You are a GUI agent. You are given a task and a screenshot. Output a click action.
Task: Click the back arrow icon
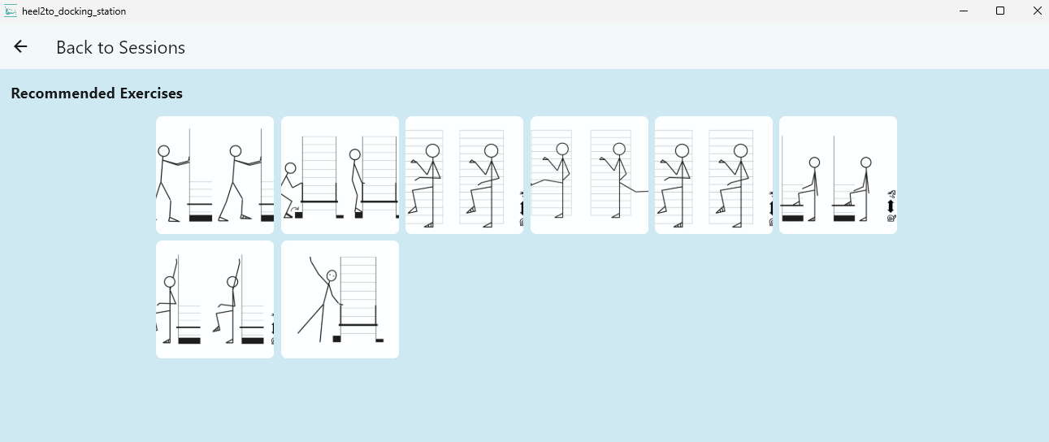click(20, 47)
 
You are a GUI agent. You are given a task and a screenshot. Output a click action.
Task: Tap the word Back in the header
click(75, 48)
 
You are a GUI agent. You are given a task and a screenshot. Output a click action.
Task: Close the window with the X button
click(1036, 11)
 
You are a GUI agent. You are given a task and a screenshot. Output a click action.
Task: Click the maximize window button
click(1000, 11)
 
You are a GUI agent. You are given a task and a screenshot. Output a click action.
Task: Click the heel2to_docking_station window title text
click(74, 11)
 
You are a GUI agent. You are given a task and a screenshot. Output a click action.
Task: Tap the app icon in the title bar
click(11, 11)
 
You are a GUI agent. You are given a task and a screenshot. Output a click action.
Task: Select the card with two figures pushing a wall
click(215, 175)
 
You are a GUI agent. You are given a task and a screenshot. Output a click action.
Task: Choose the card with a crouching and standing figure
click(340, 175)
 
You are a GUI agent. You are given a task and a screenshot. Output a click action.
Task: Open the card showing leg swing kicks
click(589, 175)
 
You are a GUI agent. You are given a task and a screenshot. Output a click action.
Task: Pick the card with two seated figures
click(838, 175)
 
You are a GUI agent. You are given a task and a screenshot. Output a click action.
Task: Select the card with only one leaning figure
click(340, 299)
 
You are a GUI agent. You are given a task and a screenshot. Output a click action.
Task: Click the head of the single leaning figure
click(332, 275)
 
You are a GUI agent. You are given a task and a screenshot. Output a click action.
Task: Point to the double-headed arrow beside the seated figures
click(891, 206)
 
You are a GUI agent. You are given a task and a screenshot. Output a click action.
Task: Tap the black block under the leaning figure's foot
click(336, 339)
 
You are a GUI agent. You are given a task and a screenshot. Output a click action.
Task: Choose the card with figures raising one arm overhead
click(215, 299)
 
